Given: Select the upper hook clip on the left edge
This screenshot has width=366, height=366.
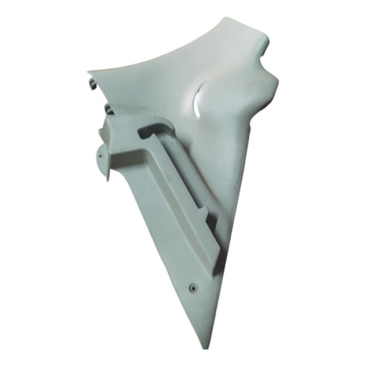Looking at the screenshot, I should coord(93,84).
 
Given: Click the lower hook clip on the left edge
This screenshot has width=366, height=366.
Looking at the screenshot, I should coord(107,109).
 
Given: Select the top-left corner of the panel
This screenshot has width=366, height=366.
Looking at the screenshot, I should coord(90,73).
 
